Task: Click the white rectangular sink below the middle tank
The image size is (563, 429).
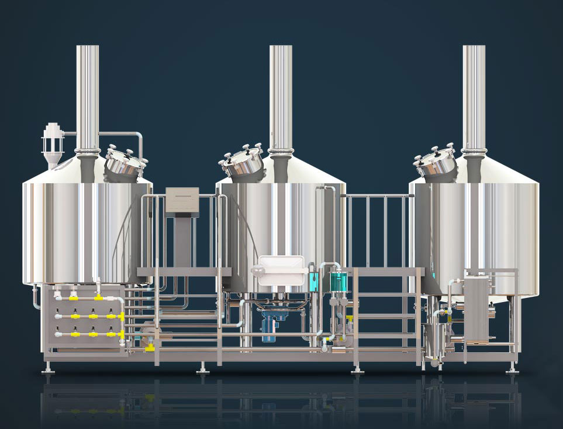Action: click(x=282, y=271)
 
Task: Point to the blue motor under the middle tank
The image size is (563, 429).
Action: click(x=271, y=325)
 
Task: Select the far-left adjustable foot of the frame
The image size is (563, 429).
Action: click(x=49, y=369)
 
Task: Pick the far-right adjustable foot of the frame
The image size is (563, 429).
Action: click(x=512, y=369)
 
